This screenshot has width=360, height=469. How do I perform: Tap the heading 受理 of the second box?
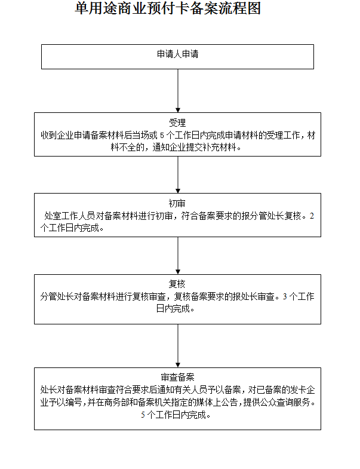pyautogui.click(x=177, y=123)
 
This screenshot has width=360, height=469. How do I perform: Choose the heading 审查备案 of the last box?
pyautogui.click(x=177, y=378)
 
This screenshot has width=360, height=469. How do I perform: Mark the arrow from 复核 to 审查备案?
pyautogui.click(x=178, y=344)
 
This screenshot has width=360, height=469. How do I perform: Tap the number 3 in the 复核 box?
pyautogui.click(x=284, y=296)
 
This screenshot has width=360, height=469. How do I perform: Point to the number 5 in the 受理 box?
pyautogui.click(x=162, y=135)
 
